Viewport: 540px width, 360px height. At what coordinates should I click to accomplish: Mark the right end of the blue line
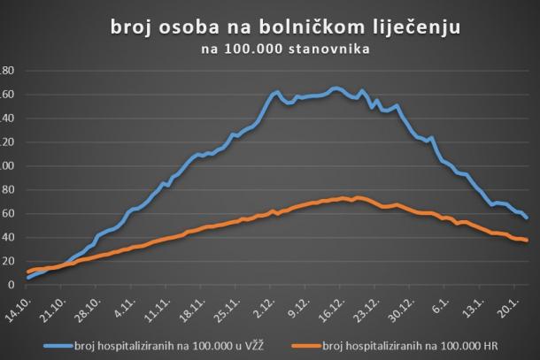(528, 218)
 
